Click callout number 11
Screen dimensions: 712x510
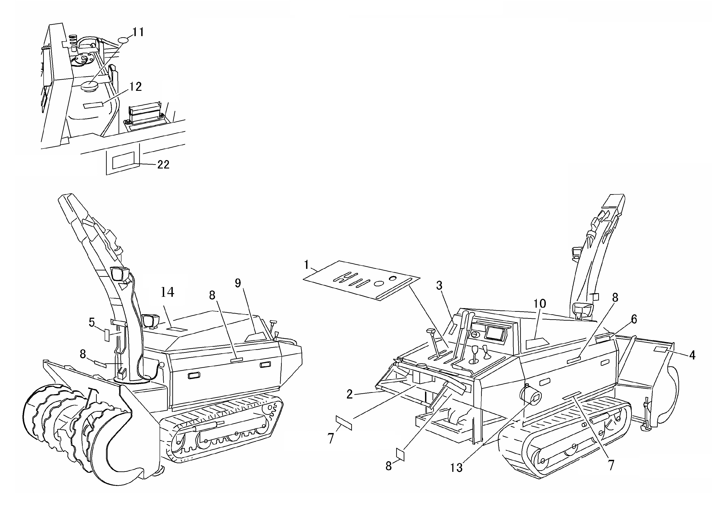click(138, 32)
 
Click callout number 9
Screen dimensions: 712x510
click(238, 283)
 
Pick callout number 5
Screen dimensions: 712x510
click(92, 322)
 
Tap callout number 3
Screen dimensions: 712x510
click(439, 285)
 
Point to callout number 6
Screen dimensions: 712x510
click(634, 319)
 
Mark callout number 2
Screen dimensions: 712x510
click(349, 394)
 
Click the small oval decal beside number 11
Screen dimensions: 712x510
click(123, 40)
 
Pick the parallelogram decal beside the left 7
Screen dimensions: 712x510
click(344, 423)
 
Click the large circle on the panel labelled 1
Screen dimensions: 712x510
click(379, 283)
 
